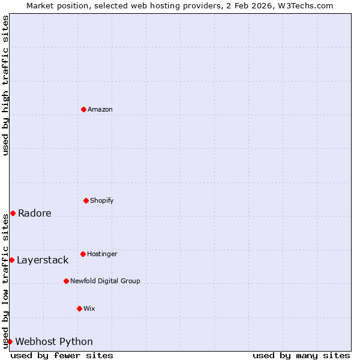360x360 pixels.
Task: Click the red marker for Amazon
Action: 83,109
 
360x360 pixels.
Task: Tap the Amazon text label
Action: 100,109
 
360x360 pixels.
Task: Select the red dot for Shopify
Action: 86,200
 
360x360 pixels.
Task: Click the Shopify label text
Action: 101,200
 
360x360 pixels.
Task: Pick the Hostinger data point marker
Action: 83,254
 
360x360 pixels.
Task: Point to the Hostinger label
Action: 102,254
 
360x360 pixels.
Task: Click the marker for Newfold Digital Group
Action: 66,281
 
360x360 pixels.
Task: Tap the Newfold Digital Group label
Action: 105,281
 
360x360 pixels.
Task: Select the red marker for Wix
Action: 79,308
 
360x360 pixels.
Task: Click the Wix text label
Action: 89,308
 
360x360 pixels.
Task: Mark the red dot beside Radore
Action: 13,213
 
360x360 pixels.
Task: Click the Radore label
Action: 34,213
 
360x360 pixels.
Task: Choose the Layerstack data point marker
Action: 11,260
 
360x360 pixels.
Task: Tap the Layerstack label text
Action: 43,260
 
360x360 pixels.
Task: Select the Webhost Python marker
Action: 10,341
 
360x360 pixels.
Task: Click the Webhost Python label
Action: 54,341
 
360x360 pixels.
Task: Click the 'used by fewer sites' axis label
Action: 62,355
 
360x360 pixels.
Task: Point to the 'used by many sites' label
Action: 301,355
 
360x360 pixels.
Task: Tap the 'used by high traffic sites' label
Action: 5,85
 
